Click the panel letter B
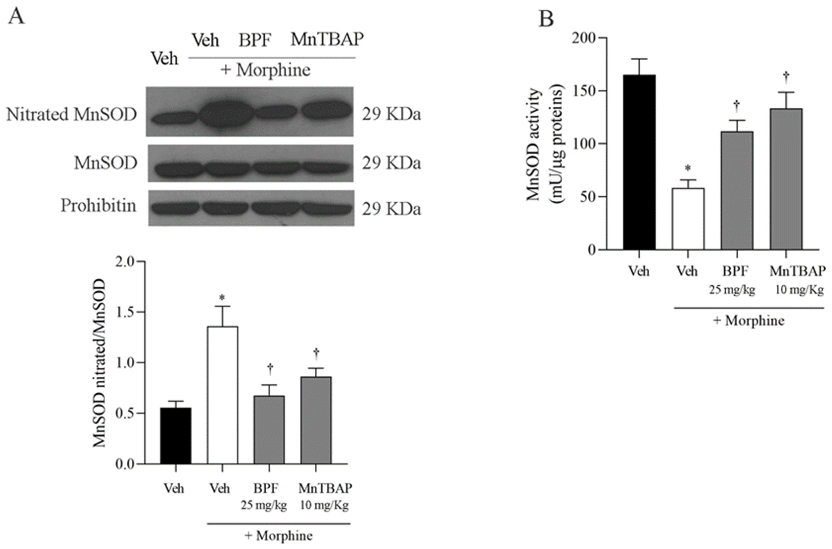tap(546, 19)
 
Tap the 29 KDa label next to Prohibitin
tap(391, 209)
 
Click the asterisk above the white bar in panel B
tap(688, 169)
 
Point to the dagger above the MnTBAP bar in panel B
tap(786, 76)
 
